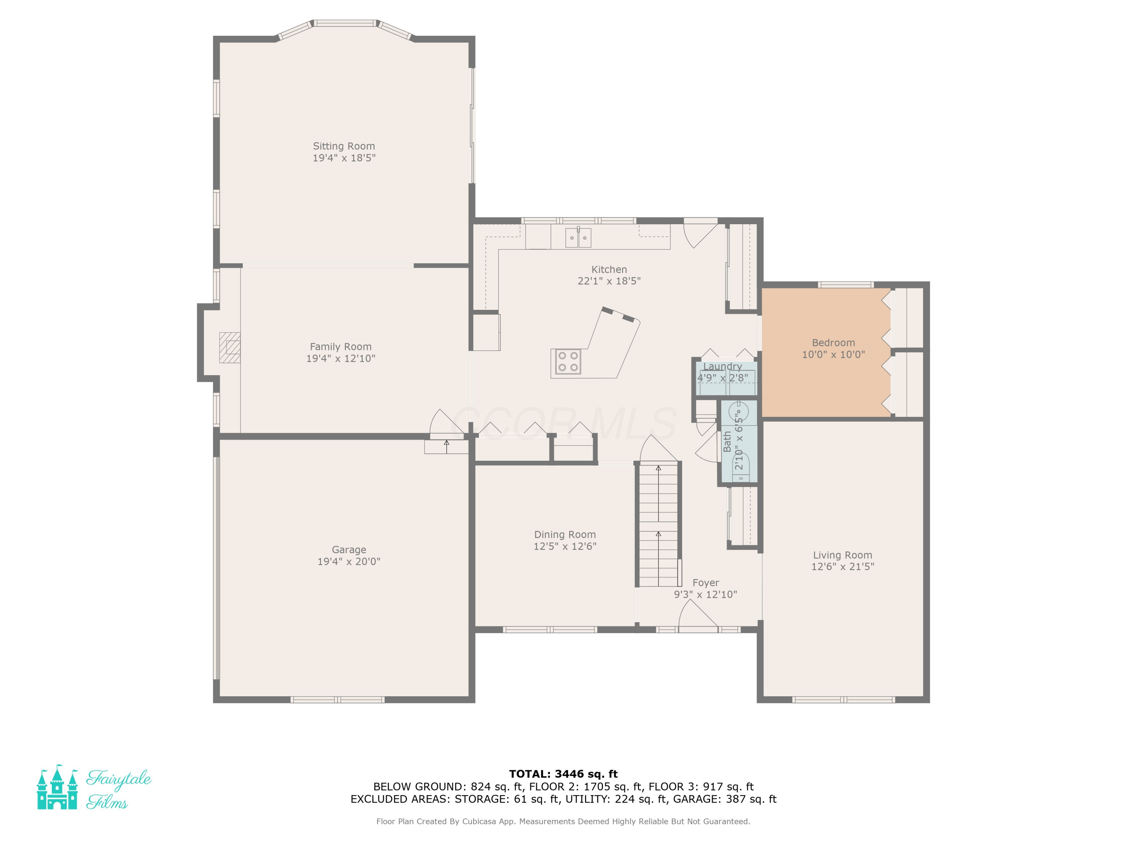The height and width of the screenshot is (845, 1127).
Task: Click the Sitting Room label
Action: click(344, 146)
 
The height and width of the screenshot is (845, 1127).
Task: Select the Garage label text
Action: click(349, 550)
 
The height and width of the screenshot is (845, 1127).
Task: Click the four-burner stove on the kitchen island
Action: click(568, 362)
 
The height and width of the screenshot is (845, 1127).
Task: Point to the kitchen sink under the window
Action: click(578, 237)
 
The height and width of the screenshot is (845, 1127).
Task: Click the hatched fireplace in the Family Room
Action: click(230, 347)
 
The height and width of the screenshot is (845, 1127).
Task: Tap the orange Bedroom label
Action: click(834, 343)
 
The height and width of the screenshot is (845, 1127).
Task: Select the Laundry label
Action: click(722, 366)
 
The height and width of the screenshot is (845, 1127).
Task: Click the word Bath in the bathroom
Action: click(727, 441)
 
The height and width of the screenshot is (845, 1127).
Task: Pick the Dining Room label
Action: click(565, 535)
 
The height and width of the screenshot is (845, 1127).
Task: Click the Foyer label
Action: click(706, 583)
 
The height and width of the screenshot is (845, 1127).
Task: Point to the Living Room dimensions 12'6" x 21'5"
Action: click(843, 566)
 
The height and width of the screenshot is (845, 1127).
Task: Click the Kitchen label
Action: click(609, 269)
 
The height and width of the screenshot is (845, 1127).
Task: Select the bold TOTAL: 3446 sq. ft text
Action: click(563, 774)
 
